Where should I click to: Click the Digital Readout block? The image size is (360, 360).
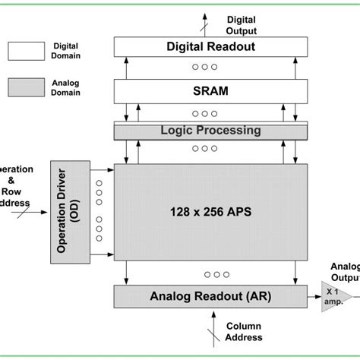click(210, 47)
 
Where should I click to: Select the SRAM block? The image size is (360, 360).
click(210, 91)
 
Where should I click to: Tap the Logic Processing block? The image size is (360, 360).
click(210, 131)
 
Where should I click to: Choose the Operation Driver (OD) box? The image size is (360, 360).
click(70, 213)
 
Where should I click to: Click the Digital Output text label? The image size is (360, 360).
click(242, 25)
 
